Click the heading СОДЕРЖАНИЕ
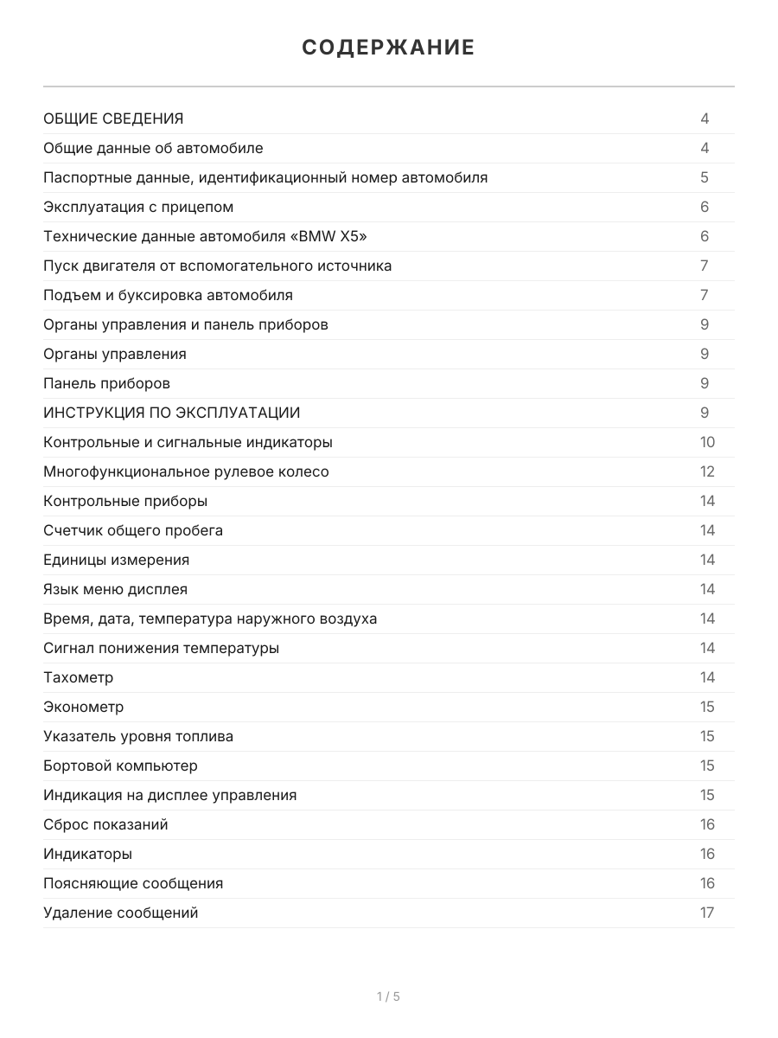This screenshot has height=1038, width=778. click(x=388, y=48)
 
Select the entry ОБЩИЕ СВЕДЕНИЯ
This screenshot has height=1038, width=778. click(x=113, y=119)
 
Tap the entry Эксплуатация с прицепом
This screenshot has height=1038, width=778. click(x=138, y=207)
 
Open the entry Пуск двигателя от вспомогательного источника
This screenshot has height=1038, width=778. click(x=217, y=266)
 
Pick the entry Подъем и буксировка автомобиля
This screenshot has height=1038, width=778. click(x=168, y=295)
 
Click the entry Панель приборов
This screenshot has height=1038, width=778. click(x=106, y=383)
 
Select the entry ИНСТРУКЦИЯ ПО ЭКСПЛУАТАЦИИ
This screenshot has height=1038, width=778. click(x=172, y=413)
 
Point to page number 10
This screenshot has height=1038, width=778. click(x=707, y=442)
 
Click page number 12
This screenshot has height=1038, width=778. click(x=707, y=471)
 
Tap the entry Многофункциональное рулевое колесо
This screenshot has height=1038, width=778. click(x=186, y=471)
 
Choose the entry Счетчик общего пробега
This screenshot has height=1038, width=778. click(x=133, y=530)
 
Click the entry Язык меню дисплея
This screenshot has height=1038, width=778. click(x=115, y=589)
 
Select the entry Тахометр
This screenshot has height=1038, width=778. click(x=78, y=677)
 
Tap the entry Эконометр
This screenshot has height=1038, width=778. click(x=83, y=707)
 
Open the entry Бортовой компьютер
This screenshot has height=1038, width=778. click(x=120, y=766)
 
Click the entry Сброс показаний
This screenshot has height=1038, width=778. click(x=105, y=824)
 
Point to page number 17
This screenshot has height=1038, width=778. click(x=707, y=913)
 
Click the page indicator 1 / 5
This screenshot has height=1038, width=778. click(x=388, y=996)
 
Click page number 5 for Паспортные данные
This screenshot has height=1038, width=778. click(x=705, y=177)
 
